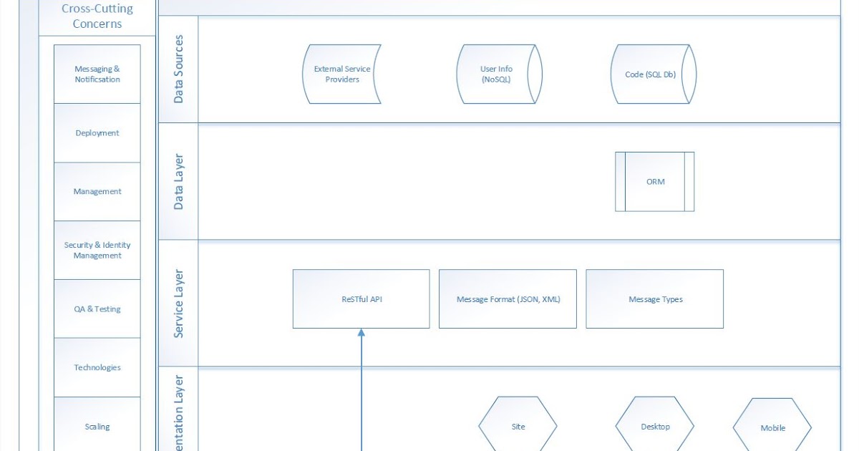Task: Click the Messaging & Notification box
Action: pos(97,74)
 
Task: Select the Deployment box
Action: pos(97,133)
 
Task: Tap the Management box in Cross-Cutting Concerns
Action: pos(97,192)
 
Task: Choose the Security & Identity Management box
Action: pos(97,250)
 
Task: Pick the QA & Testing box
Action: pos(97,309)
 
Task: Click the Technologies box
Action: pos(97,367)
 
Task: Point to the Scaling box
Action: pos(97,426)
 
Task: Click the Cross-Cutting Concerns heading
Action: pos(97,16)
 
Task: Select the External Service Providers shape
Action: pos(342,74)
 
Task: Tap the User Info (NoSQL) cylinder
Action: pos(497,74)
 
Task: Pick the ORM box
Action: pos(655,182)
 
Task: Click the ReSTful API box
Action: pos(361,299)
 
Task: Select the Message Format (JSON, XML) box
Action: pos(508,299)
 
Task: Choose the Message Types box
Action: pos(655,299)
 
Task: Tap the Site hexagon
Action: pos(518,427)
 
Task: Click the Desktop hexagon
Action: pos(655,427)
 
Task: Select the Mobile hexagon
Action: pos(772,428)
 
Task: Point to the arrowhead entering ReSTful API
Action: pos(361,333)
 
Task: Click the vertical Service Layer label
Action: pos(178,304)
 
